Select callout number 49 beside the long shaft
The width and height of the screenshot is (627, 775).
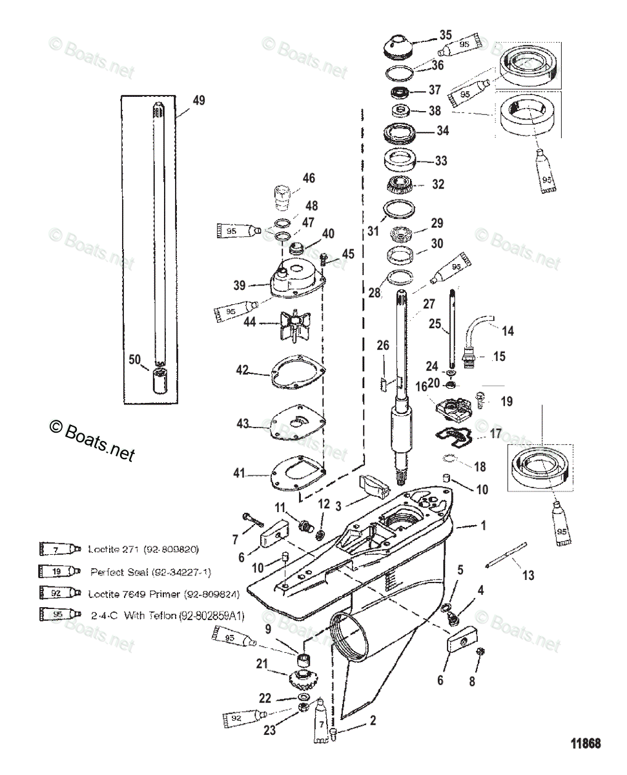pyautogui.click(x=198, y=100)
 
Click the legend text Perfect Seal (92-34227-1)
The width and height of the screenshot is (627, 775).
pyautogui.click(x=150, y=572)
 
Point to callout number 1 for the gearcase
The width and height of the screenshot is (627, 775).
pyautogui.click(x=482, y=526)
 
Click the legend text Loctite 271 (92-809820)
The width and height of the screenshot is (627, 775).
pyautogui.click(x=143, y=550)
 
